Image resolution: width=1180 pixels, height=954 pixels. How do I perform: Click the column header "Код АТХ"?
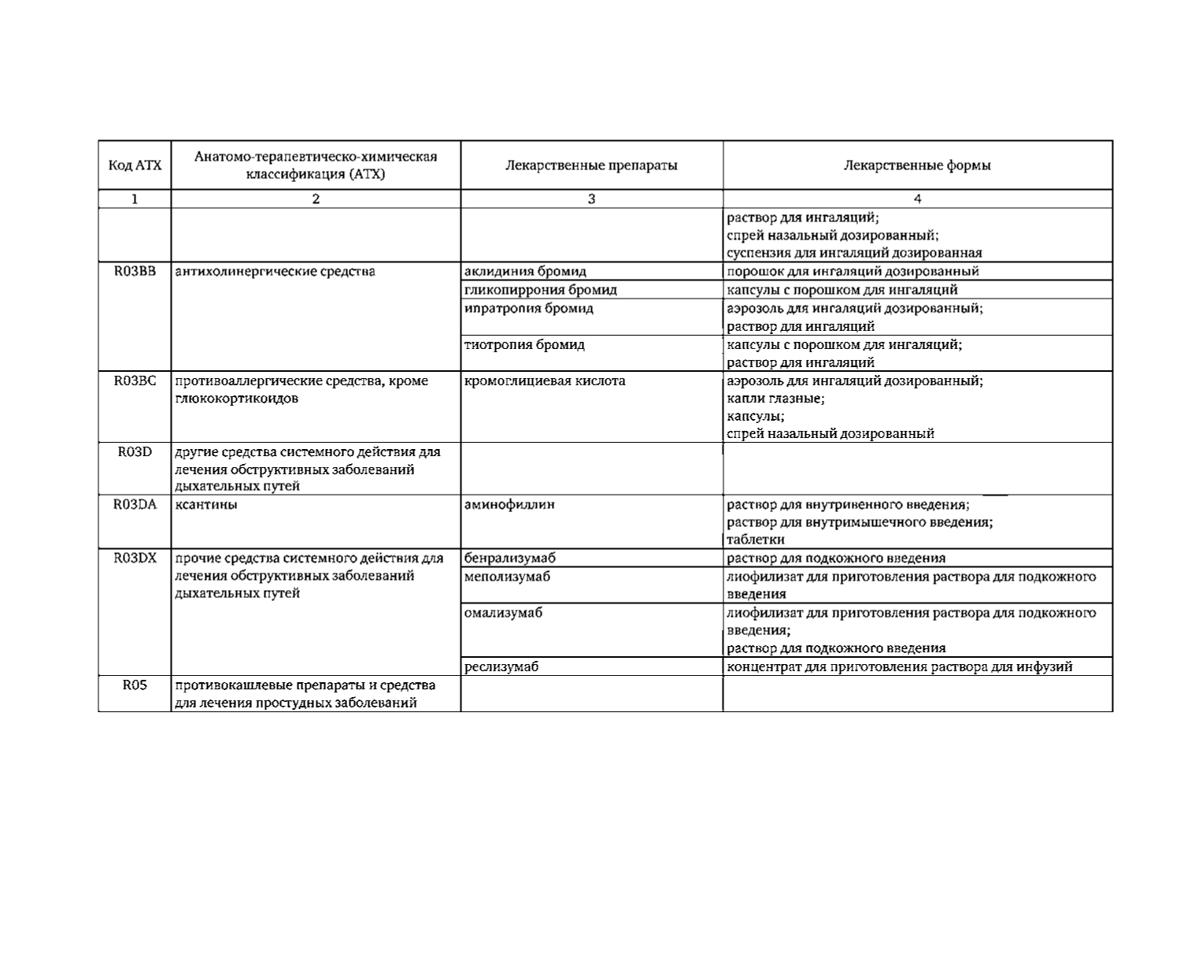pos(135,165)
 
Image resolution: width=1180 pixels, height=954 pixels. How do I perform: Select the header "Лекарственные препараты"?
pos(591,165)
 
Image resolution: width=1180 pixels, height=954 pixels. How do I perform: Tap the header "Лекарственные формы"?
pos(917,165)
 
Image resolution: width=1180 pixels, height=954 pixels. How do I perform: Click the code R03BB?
pos(135,271)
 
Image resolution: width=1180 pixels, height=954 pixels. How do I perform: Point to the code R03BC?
pos(135,380)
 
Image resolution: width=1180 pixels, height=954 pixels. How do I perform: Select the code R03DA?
pos(135,504)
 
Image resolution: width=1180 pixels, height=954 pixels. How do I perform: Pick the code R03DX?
pos(135,558)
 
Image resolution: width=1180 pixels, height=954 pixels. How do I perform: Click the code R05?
pos(135,685)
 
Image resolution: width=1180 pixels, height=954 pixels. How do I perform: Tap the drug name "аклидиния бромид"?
pos(525,271)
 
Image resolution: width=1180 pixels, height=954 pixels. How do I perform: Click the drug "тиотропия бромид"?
pos(524,344)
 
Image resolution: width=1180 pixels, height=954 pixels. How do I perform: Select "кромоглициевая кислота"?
pos(545,380)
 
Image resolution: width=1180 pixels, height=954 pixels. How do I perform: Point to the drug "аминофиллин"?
pos(509,504)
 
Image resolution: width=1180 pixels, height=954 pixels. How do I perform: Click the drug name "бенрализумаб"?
pos(510,558)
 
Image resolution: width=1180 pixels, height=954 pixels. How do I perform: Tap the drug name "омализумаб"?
pos(503,612)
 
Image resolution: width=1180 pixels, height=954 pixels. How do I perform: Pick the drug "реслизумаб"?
pos(501,666)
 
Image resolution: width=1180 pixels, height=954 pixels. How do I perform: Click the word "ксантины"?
pos(205,504)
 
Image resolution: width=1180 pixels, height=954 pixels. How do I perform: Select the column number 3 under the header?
pos(591,199)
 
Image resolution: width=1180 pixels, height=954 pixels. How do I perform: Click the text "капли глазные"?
pos(775,399)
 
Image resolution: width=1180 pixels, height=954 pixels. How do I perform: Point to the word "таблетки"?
pos(755,540)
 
